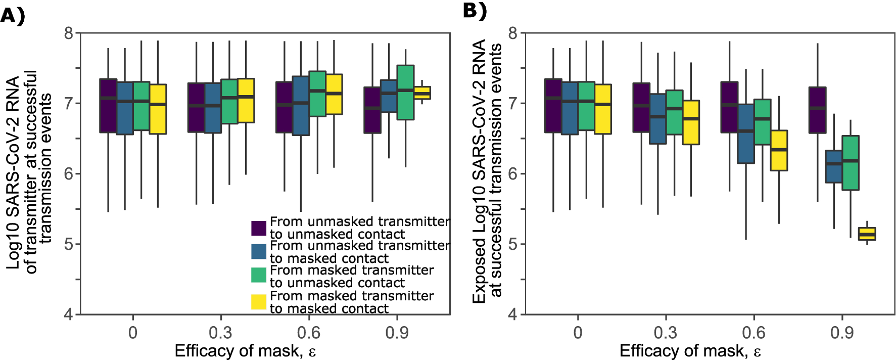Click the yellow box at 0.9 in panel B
click(x=867, y=234)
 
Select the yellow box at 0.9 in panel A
click(x=422, y=93)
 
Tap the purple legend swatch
click(x=259, y=228)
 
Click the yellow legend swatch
click(x=259, y=302)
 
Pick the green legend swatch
click(x=259, y=275)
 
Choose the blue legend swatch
click(x=259, y=252)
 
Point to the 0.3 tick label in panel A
click(x=220, y=333)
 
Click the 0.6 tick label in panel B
click(x=753, y=333)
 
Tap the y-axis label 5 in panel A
click(x=69, y=244)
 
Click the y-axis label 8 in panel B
click(x=513, y=33)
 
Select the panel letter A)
click(x=13, y=16)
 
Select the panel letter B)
click(x=475, y=10)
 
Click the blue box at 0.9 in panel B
click(x=834, y=166)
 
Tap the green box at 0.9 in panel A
click(x=405, y=93)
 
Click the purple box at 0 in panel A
click(x=108, y=106)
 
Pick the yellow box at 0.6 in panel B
click(x=779, y=151)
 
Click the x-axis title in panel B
click(x=690, y=351)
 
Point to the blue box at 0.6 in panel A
click(x=301, y=106)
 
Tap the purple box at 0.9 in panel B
click(x=817, y=110)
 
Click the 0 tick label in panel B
click(x=578, y=333)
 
